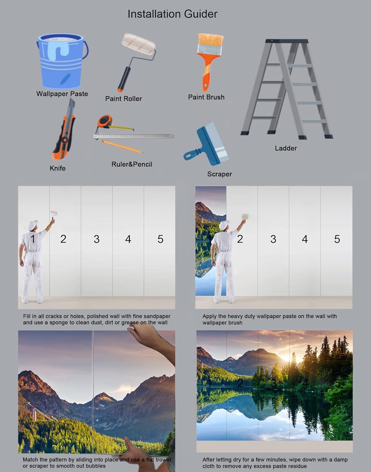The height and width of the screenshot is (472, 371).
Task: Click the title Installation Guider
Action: pyautogui.click(x=172, y=14)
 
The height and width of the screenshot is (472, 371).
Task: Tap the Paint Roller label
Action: pyautogui.click(x=123, y=99)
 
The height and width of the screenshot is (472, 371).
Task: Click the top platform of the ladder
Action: pyautogui.click(x=287, y=41)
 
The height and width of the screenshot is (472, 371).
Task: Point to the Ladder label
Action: pyautogui.click(x=286, y=148)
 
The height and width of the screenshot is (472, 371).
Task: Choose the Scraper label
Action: pyautogui.click(x=219, y=174)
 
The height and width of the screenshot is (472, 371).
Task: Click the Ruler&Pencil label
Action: pyautogui.click(x=132, y=164)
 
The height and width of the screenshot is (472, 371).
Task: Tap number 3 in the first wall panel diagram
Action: pyautogui.click(x=97, y=239)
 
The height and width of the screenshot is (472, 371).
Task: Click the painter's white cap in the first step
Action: pyautogui.click(x=33, y=224)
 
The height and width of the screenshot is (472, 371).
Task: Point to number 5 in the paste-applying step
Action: pyautogui.click(x=337, y=239)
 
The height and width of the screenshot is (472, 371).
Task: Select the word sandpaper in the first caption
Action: pyautogui.click(x=155, y=316)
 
